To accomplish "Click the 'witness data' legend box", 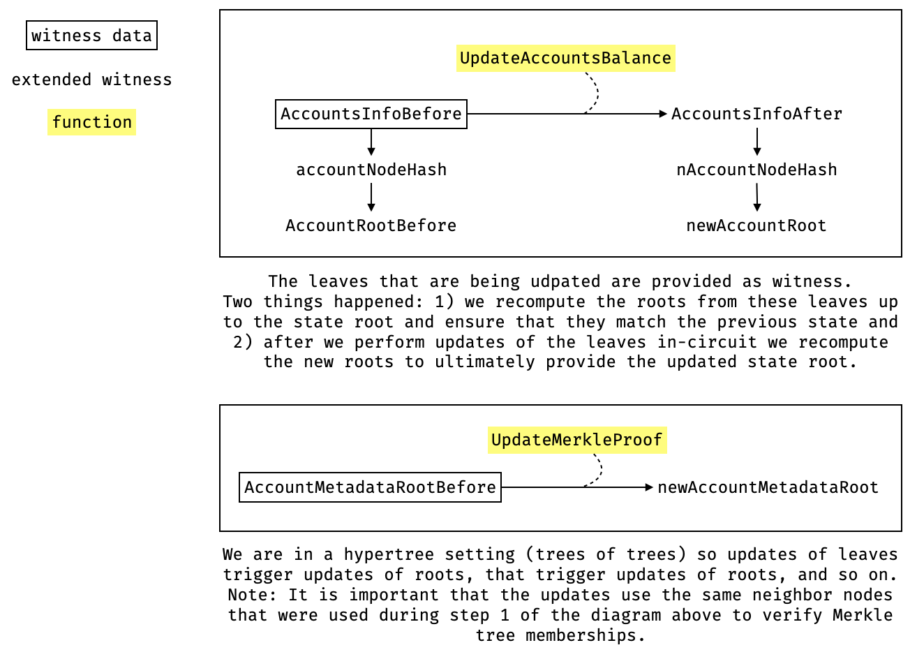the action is click(91, 35).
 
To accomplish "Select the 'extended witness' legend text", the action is click(91, 80).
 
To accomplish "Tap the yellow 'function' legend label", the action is click(91, 122).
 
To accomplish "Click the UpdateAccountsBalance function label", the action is click(566, 58).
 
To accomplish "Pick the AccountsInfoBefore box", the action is click(371, 114).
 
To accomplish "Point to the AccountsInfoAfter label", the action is click(757, 114).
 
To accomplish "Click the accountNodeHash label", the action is click(371, 170).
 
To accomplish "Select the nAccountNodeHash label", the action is click(757, 170).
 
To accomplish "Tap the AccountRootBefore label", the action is click(371, 225).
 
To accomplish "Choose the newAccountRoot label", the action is click(756, 225).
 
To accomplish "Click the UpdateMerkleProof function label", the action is click(577, 440).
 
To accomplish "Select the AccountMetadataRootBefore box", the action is click(370, 487).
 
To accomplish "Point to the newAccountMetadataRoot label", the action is click(768, 487).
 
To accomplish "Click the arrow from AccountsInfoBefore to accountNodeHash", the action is click(371, 142).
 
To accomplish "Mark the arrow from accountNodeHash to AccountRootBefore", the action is click(371, 198).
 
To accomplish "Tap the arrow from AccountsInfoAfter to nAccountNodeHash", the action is click(757, 142).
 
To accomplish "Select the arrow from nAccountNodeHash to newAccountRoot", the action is click(757, 198).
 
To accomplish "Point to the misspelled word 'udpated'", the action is click(565, 282).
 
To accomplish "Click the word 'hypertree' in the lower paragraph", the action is click(389, 554).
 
